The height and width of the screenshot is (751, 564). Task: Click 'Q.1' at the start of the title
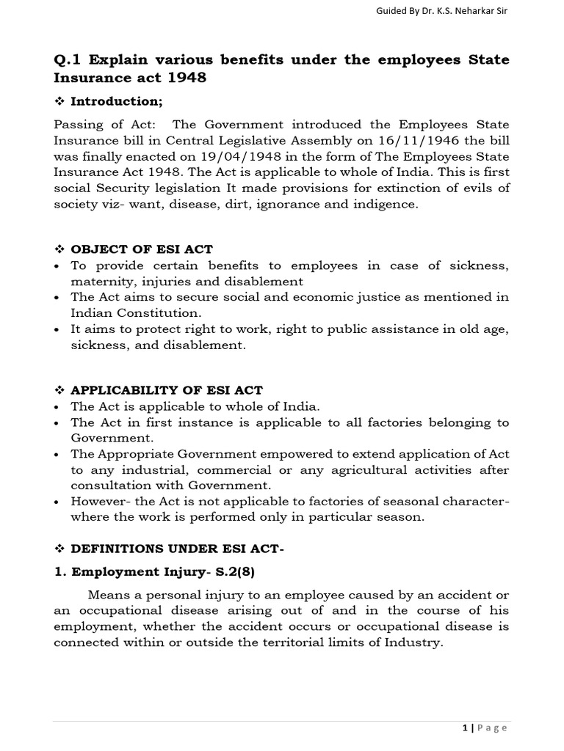point(68,59)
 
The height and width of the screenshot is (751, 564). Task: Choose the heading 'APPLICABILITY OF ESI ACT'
point(166,389)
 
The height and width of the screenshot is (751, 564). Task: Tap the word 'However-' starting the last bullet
point(98,501)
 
